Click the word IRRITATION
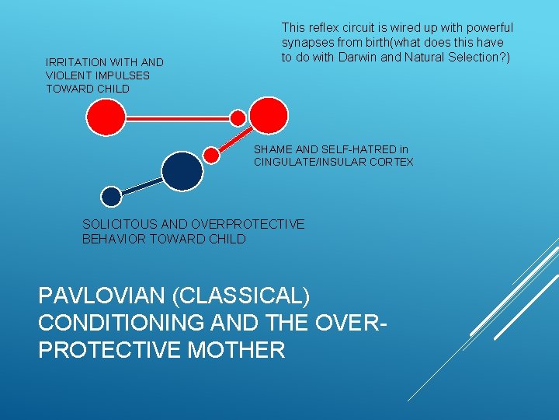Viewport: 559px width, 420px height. pos(78,62)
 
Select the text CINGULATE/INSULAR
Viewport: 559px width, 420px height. pos(311,162)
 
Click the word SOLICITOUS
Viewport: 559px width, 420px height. pos(121,224)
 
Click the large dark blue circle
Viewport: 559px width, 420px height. pos(182,170)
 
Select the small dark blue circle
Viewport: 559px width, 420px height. pos(112,196)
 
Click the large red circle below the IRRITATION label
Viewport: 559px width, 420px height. pos(106,118)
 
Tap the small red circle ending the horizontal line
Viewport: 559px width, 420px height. pos(238,118)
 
